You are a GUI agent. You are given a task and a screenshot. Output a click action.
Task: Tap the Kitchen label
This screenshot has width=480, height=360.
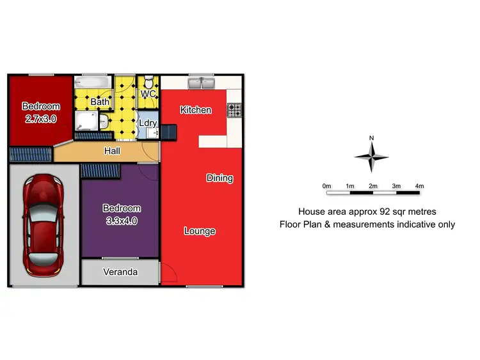click(x=196, y=110)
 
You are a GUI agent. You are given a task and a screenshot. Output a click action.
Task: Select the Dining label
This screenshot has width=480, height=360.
click(x=220, y=178)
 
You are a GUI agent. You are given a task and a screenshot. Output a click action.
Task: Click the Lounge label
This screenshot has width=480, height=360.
click(x=200, y=231)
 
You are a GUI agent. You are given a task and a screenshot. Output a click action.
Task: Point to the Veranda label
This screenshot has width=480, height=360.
click(x=120, y=272)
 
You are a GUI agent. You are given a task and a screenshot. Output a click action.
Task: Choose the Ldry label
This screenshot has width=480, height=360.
click(x=148, y=123)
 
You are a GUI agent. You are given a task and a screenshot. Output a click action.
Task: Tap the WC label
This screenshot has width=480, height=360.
click(x=148, y=95)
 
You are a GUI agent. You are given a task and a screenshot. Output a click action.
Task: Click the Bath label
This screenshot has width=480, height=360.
click(x=99, y=102)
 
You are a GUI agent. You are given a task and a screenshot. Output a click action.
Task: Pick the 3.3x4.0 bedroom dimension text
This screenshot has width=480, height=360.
click(x=121, y=221)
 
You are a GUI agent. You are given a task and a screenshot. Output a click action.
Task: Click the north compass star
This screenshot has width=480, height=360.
click(x=371, y=156)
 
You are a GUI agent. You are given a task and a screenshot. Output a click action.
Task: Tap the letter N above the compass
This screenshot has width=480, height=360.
click(x=371, y=137)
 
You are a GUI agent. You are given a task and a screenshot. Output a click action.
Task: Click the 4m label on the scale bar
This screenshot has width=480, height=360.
click(x=419, y=185)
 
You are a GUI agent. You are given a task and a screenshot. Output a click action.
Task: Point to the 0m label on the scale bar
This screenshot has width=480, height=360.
click(x=326, y=185)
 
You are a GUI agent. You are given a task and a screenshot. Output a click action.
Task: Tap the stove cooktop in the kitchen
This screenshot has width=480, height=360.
click(x=235, y=110)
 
